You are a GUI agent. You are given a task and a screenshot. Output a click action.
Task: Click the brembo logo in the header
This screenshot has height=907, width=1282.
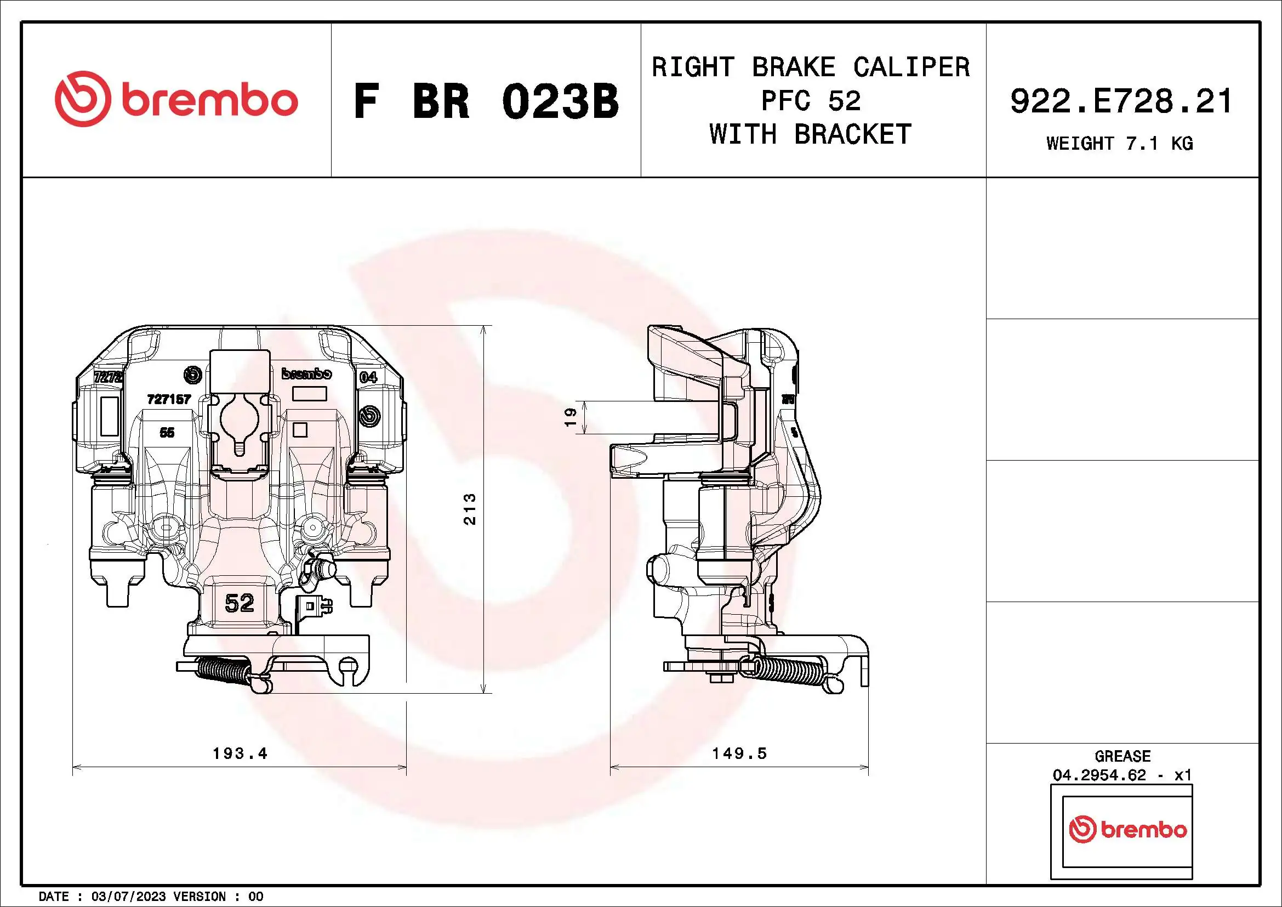[x=176, y=99]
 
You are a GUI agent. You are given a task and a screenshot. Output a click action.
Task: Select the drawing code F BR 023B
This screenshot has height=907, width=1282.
[x=486, y=101]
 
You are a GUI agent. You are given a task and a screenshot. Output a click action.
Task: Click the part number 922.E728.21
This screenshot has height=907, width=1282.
[x=1121, y=101]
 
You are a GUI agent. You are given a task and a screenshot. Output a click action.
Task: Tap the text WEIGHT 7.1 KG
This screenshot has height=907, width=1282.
[x=1119, y=144]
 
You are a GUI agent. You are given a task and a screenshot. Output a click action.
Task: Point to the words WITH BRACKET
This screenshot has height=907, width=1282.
[x=810, y=134]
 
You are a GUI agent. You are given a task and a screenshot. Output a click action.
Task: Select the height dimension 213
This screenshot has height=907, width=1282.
[x=470, y=509]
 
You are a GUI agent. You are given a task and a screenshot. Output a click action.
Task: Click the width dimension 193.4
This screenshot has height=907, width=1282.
[x=240, y=753]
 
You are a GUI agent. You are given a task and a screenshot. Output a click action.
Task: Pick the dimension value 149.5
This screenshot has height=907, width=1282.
[x=739, y=753]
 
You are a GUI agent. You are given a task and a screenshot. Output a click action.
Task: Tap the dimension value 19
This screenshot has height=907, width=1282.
[x=570, y=417]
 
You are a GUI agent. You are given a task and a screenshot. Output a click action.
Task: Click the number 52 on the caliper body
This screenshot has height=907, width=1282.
[x=239, y=603]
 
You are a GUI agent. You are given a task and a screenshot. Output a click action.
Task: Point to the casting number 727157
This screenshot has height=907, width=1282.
[x=169, y=399]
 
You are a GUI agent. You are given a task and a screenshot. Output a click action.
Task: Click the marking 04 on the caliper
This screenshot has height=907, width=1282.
[x=368, y=377]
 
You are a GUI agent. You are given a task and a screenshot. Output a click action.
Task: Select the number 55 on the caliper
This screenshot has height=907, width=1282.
[x=167, y=432]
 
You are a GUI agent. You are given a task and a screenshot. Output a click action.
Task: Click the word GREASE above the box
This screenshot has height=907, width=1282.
[x=1123, y=756]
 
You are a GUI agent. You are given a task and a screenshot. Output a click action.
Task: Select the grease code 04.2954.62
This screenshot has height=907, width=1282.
[x=1099, y=775]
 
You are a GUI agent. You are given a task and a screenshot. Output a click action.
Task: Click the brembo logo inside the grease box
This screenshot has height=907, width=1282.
[x=1127, y=830]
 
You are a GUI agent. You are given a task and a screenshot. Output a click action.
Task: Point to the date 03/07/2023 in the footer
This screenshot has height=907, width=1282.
[x=128, y=897]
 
